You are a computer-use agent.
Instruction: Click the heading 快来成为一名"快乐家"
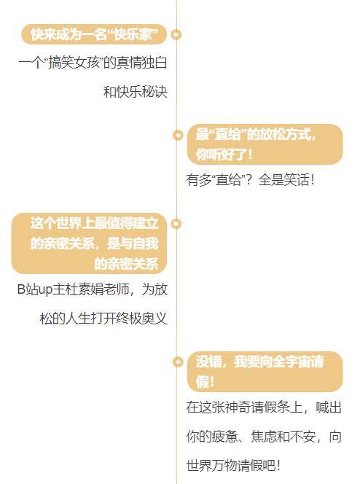95,34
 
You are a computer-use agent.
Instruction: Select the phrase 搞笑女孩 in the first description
74,63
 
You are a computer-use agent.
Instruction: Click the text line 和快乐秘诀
136,92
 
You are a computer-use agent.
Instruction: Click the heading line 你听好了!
224,155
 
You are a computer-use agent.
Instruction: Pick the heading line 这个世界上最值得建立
95,223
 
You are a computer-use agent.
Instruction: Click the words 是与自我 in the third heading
133,243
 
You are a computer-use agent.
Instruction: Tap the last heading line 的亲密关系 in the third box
127,264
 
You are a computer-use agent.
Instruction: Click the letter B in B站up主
21,289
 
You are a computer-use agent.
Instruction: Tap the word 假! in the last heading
205,382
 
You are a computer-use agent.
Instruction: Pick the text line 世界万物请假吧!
233,466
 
